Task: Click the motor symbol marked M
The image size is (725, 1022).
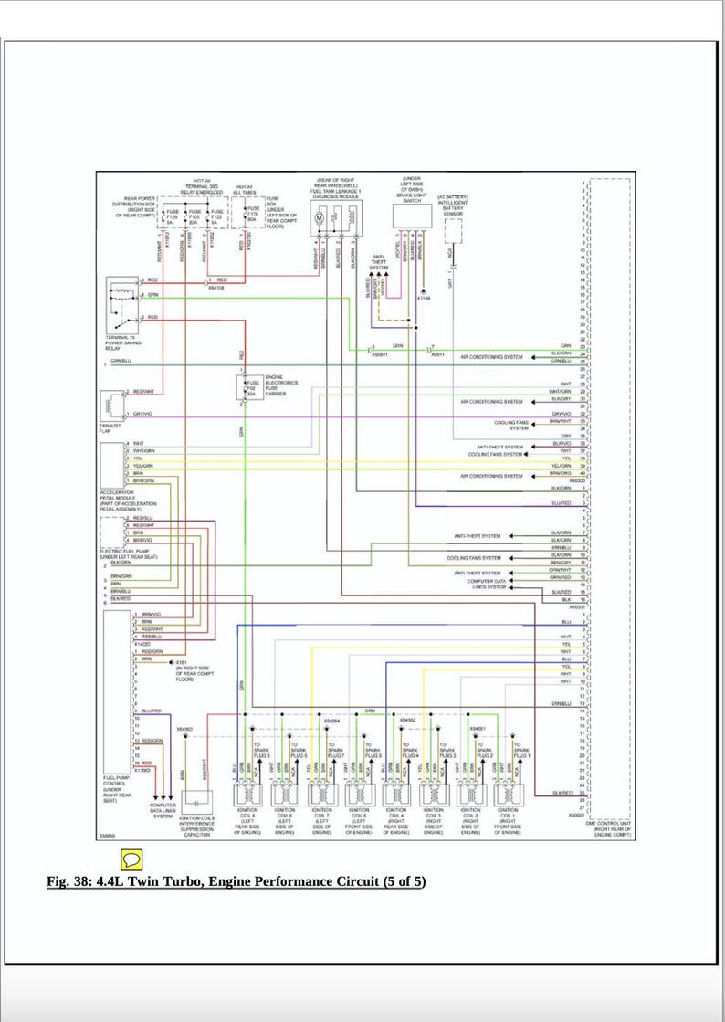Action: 320,218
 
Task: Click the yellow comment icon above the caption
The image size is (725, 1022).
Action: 131,859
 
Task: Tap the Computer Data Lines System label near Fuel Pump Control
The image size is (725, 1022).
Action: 163,809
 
